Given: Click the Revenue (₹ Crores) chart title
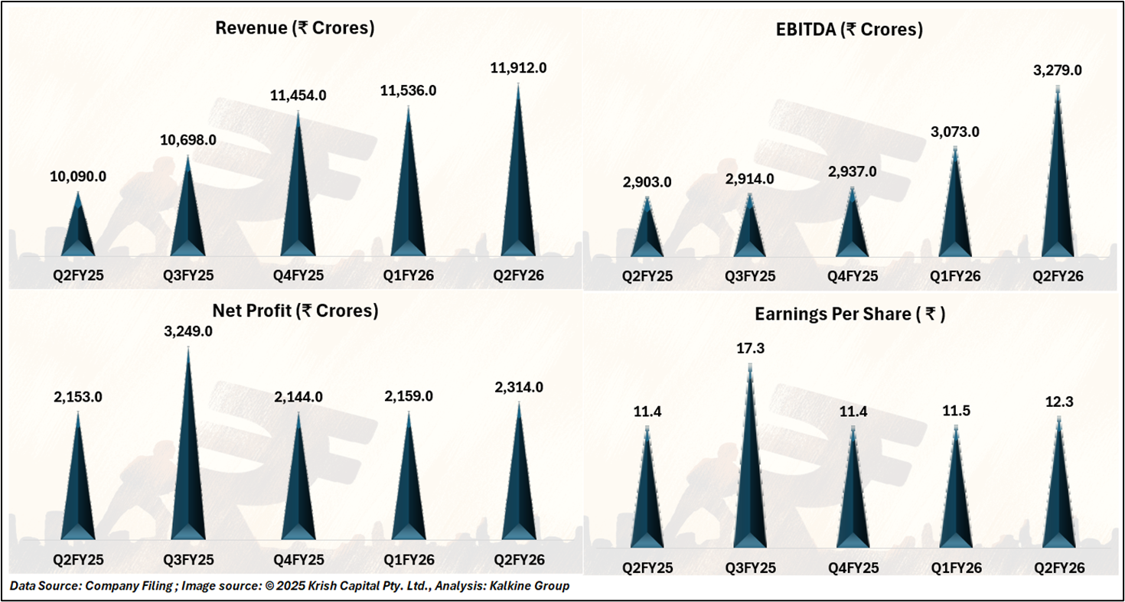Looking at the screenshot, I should [295, 29].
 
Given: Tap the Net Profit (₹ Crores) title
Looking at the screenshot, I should [295, 311].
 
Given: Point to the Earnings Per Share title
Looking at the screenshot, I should [849, 314].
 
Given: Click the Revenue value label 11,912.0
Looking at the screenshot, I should [519, 68].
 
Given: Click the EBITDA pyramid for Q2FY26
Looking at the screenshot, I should [1058, 191].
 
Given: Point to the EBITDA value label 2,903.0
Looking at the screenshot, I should [647, 182].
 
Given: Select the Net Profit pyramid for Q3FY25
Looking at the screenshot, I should [188, 459].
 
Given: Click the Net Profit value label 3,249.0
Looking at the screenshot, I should [188, 333].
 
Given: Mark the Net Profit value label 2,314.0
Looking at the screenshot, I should [519, 387].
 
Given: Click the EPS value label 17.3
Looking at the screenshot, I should [750, 349].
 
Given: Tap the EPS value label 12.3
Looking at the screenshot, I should [1059, 402].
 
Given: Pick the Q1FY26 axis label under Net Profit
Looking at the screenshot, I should [409, 560].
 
